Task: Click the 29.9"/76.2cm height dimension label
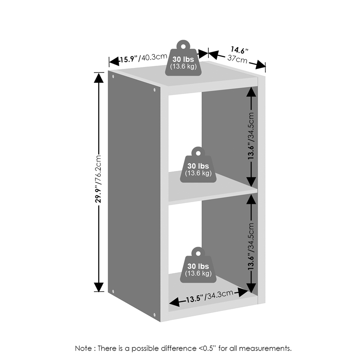tap(98, 179)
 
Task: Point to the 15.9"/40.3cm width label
tap(143, 58)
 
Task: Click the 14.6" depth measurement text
tap(239, 50)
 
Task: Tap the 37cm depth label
tap(238, 59)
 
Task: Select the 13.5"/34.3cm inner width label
tap(209, 297)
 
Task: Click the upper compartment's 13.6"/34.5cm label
tap(251, 136)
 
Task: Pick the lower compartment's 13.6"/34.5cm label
tap(251, 246)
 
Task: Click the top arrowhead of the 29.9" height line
tap(99, 78)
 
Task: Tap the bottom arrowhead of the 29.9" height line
tap(99, 287)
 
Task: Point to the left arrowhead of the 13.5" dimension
tap(174, 302)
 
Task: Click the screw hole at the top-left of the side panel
tap(113, 76)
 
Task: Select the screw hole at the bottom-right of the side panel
tap(154, 315)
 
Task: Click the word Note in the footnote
tap(83, 348)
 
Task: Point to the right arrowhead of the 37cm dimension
tap(261, 65)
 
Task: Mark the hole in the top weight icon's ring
tap(183, 47)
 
